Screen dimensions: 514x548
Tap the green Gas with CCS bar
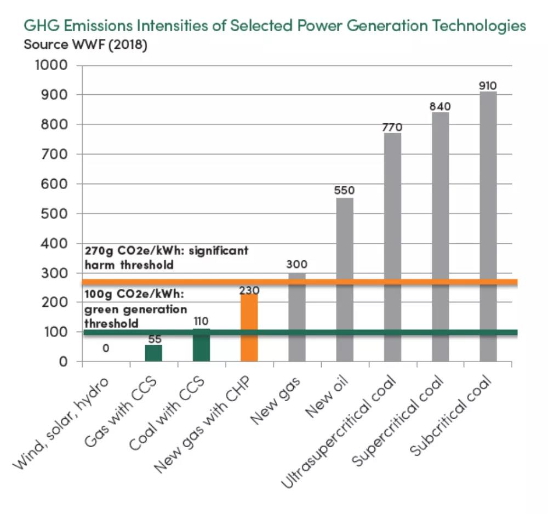pos(153,353)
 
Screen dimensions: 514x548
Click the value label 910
pos(487,85)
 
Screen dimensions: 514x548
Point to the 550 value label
pos(345,191)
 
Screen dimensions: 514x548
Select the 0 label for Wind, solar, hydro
pos(106,348)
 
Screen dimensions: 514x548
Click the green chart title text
pos(274,26)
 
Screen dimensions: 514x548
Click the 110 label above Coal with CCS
pos(201,321)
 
